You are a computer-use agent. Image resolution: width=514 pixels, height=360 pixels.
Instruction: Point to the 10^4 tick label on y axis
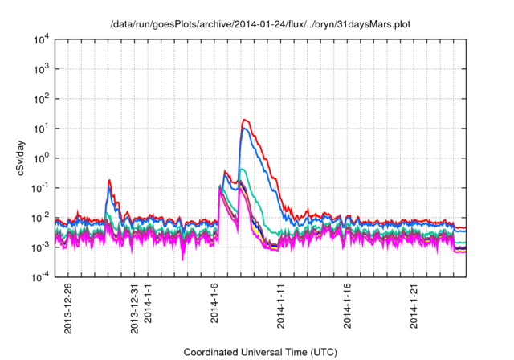pos(41,39)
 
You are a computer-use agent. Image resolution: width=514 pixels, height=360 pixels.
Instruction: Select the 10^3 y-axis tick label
pos(41,69)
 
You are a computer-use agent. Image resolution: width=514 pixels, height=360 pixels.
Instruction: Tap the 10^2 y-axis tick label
pos(41,99)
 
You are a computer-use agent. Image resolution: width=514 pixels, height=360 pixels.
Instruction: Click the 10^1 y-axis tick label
pos(41,129)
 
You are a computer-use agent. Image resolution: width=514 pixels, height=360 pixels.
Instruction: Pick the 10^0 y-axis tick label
pos(41,158)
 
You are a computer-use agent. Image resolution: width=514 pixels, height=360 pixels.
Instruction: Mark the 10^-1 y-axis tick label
pos(40,188)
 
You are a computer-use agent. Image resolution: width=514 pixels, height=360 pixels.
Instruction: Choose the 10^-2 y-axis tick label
pos(40,218)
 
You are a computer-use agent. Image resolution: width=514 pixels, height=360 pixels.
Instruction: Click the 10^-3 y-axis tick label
pos(40,247)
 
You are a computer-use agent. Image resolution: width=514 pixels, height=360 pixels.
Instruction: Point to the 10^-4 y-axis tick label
pos(40,277)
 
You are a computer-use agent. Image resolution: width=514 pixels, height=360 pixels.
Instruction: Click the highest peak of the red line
pos(244,120)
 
